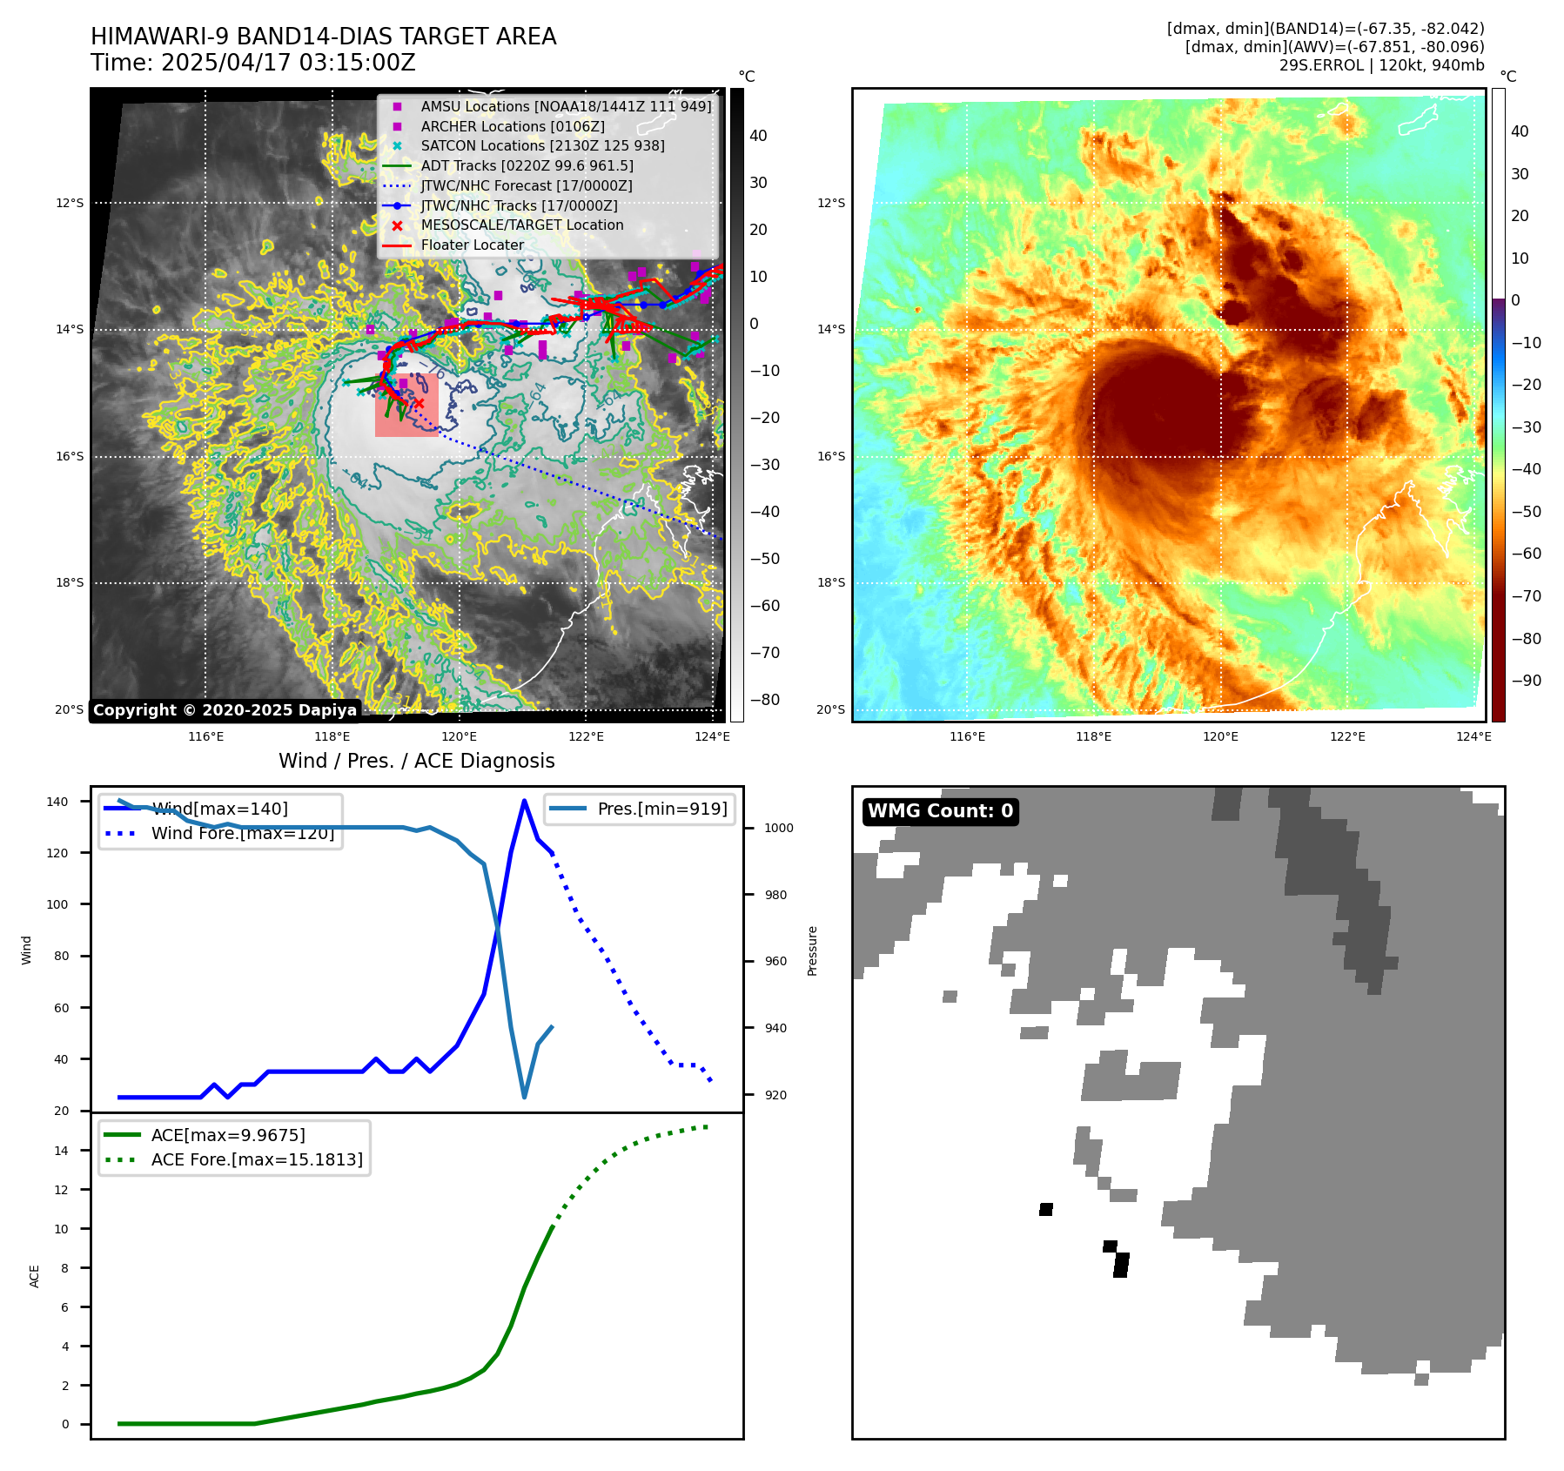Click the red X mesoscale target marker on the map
coord(418,403)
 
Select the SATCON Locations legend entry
coord(542,146)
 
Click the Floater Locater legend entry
coord(472,245)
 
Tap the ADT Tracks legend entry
coord(527,166)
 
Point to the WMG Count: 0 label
coord(940,811)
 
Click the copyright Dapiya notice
coord(225,710)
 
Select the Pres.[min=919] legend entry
coord(661,809)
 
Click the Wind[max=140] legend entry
coord(218,809)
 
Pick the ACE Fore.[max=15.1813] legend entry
coord(256,1160)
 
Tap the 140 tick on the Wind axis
coord(57,802)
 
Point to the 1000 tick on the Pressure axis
coord(778,829)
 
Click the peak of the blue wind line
coord(524,801)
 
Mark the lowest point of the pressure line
coord(524,1097)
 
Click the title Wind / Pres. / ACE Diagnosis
coord(416,761)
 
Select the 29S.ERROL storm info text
coord(1381,65)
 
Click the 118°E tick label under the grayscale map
coord(332,737)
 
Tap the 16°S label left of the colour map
coord(830,456)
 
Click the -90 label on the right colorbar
coord(1526,681)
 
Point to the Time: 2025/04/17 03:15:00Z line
coord(252,64)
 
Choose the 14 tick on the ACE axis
coord(61,1151)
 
